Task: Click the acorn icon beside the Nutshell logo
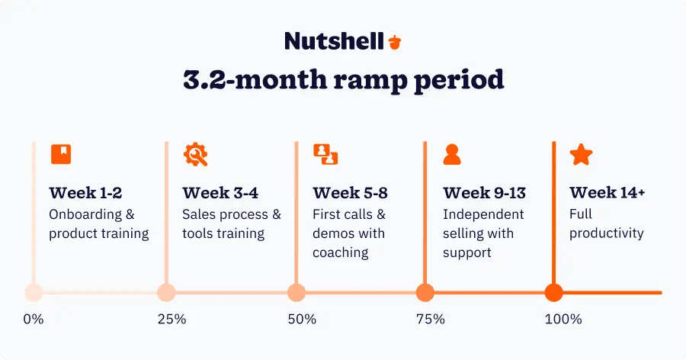(x=394, y=41)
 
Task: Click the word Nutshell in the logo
(x=334, y=41)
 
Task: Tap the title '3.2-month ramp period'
(x=343, y=79)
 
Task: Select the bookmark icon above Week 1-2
(x=61, y=154)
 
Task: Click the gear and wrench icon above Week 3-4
(x=195, y=154)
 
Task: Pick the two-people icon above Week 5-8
(x=325, y=154)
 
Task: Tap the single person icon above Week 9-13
(x=452, y=154)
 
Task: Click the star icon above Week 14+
(x=582, y=154)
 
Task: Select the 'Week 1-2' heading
(x=85, y=193)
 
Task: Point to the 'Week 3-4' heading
(x=220, y=193)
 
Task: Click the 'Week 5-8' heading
(x=350, y=193)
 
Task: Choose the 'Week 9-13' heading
(x=484, y=193)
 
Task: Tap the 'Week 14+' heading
(x=607, y=193)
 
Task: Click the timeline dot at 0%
(x=34, y=292)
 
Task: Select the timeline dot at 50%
(x=297, y=292)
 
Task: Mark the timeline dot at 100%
(x=554, y=292)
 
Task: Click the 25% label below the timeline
(x=171, y=319)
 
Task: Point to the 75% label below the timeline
(x=431, y=319)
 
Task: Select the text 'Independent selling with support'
(x=483, y=233)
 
